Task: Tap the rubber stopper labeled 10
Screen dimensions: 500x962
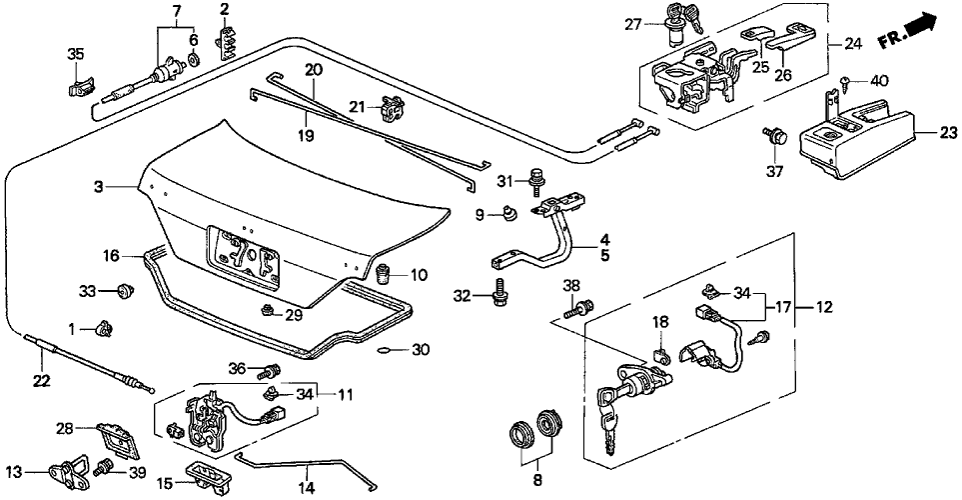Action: (383, 272)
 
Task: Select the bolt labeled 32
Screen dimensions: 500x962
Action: (498, 294)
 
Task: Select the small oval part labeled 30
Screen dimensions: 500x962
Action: (387, 350)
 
